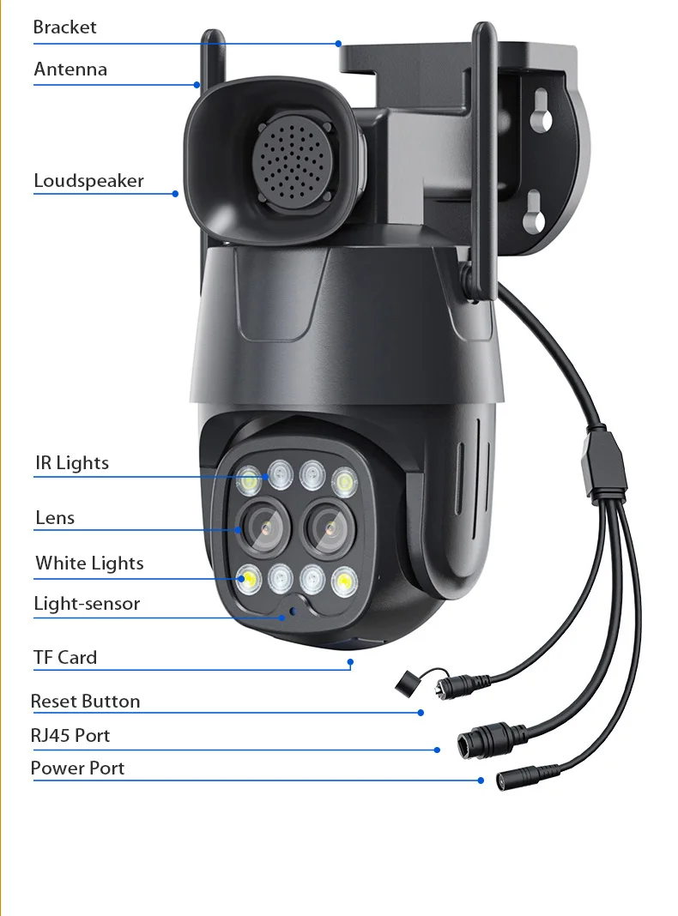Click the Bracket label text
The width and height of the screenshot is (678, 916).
coord(65,27)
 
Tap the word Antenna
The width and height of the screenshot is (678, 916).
coord(70,69)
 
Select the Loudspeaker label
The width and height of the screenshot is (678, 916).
coord(89,181)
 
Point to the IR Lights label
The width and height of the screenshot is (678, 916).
coord(72,462)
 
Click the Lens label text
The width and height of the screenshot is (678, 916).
coord(55,517)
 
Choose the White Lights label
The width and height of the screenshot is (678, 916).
coord(89,563)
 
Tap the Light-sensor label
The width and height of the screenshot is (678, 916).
coord(87,604)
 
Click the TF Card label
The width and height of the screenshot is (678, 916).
coord(65,657)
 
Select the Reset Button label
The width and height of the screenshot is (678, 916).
coord(85,701)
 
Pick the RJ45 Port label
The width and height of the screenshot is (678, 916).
coord(70,736)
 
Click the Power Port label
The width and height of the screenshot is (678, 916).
coord(78,768)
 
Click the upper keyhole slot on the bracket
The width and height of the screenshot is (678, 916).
coord(542,111)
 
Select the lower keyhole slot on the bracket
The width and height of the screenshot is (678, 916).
coord(534,212)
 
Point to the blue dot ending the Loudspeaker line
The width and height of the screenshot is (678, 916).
coord(175,194)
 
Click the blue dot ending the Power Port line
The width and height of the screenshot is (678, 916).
coord(481,780)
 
